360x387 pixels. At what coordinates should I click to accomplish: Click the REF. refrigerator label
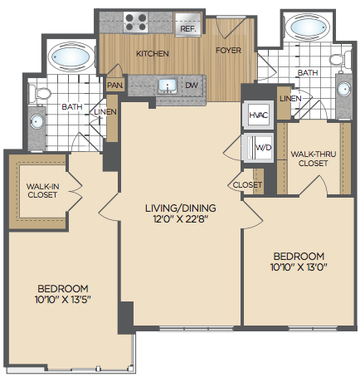pos(188,28)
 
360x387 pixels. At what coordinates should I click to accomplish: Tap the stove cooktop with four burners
pos(135,22)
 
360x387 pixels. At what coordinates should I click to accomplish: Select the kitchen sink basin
pos(168,85)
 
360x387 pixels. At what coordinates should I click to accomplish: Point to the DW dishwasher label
pos(192,85)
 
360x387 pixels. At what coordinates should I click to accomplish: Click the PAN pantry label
pos(114,85)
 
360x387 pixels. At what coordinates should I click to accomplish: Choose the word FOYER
pos(228,51)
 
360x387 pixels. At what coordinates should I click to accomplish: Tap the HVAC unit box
pos(259,115)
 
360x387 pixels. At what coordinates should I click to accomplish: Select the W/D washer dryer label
pos(264,147)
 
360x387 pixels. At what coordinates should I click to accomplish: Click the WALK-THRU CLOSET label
pos(314,159)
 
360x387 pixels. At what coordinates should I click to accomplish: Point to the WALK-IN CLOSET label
pos(42,190)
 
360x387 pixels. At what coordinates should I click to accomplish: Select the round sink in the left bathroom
pos(36,121)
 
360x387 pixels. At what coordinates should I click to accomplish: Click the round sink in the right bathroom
pos(344,89)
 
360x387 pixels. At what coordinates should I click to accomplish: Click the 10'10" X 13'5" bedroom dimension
pos(63,300)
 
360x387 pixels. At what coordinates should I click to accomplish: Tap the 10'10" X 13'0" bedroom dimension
pos(299,267)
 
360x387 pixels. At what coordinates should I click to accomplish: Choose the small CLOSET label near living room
pos(247,184)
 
